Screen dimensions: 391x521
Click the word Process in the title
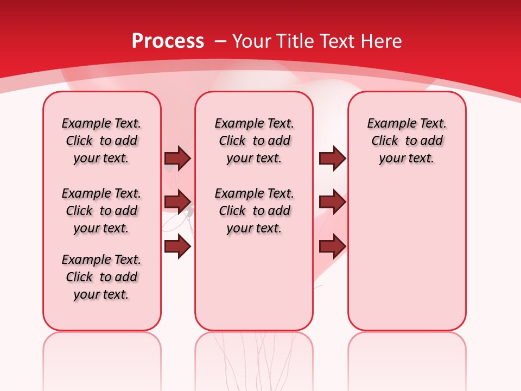point(168,41)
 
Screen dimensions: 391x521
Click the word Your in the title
point(252,41)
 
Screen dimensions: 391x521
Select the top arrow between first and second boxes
point(177,158)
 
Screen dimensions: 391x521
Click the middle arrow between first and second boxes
point(177,202)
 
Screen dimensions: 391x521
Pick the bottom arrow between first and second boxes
point(177,247)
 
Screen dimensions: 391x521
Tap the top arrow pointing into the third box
point(332,158)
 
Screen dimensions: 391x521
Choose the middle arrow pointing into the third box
point(332,202)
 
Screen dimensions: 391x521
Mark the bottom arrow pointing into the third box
point(332,247)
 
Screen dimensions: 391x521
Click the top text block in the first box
point(101,141)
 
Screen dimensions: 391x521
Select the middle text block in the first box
point(101,211)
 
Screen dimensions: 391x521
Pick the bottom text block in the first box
point(101,277)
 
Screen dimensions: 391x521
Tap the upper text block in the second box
point(254,141)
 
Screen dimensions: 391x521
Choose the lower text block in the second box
point(254,211)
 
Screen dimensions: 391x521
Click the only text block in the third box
point(407,141)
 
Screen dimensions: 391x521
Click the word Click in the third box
point(385,141)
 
